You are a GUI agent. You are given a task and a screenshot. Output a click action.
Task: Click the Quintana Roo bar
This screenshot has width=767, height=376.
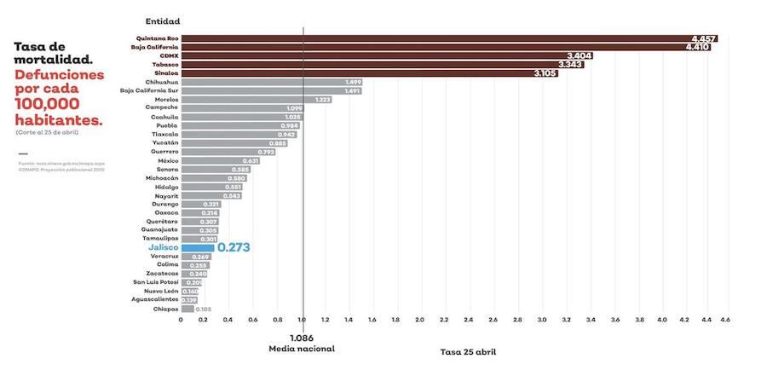[x=443, y=38]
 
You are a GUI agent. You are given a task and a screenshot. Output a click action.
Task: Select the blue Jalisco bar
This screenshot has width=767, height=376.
[x=197, y=248]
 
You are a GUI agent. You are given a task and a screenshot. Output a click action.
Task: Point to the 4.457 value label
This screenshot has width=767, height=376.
[x=704, y=39]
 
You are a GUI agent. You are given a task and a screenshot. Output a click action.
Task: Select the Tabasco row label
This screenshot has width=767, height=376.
[x=165, y=64]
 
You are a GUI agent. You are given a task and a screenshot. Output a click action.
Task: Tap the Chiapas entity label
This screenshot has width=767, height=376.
[x=166, y=309]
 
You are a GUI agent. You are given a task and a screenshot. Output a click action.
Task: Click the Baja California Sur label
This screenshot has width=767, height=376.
[x=149, y=90]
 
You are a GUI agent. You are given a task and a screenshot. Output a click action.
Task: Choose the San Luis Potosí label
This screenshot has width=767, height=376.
[x=155, y=282]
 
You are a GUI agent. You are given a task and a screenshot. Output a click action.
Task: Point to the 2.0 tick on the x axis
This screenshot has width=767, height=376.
[x=420, y=320]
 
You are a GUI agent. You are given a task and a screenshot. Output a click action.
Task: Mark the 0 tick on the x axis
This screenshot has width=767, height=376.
[x=181, y=320]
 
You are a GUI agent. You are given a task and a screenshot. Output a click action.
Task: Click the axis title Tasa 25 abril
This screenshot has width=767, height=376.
[x=468, y=351]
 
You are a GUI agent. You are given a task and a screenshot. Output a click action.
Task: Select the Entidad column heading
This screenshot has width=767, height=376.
[x=163, y=20]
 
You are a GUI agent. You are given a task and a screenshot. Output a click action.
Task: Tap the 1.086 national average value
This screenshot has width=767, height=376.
[x=303, y=338]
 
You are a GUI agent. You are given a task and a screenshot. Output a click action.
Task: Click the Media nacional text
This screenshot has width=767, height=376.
[x=302, y=349]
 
